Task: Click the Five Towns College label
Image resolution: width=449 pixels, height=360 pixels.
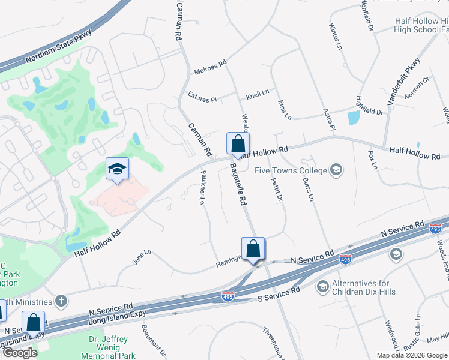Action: point(291,170)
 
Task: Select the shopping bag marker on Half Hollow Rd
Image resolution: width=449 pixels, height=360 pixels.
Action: point(238,145)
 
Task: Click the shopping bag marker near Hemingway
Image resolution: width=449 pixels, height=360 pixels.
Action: point(253,249)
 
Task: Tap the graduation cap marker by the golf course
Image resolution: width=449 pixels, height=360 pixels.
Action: point(117,170)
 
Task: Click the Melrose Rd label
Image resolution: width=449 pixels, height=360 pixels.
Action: point(210,67)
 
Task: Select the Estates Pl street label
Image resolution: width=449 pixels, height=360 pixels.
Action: point(202,97)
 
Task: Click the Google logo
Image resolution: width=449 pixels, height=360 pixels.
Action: point(20,352)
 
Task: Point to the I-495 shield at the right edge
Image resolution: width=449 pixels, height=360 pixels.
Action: point(436,229)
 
